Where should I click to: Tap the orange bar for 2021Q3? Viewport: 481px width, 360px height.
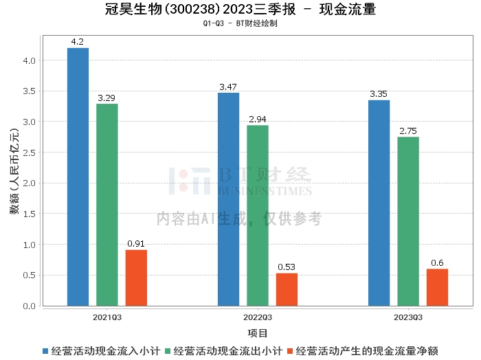136,278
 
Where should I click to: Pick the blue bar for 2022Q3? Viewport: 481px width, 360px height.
228,199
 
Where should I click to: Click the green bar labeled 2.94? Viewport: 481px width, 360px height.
258,216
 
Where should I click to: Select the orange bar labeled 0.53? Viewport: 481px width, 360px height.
287,289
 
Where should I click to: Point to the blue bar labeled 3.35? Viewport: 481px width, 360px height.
379,203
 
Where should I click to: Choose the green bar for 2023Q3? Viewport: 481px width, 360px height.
408,221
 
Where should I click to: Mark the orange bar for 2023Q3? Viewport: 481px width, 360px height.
437,287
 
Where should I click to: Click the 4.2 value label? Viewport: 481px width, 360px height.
78,42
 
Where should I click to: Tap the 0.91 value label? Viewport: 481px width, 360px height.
136,243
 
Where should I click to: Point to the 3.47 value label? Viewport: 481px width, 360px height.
228,87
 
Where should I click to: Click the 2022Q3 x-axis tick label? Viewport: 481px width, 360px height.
258,317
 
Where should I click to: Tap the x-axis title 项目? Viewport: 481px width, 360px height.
258,334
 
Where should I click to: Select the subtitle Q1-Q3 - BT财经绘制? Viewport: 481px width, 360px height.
240,23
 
